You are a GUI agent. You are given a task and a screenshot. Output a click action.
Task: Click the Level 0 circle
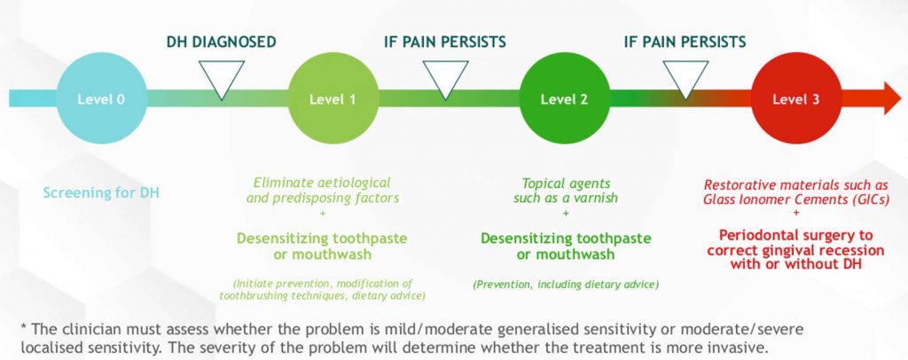click(x=101, y=98)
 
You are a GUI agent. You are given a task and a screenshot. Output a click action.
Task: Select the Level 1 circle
click(x=333, y=98)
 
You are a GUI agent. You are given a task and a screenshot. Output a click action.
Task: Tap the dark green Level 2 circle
click(x=565, y=98)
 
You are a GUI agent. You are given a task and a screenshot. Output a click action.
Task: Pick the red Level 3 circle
click(x=796, y=98)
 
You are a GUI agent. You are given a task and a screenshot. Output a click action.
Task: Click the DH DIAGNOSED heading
click(x=221, y=43)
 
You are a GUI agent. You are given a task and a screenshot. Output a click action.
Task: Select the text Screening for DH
click(x=101, y=192)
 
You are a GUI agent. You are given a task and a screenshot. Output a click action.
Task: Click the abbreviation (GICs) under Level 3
click(x=871, y=200)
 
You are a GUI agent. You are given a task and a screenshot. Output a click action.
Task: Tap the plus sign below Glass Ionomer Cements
click(x=796, y=213)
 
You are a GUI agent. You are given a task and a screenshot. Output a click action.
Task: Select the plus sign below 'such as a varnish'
click(x=566, y=213)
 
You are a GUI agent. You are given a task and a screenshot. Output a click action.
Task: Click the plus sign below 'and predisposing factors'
click(x=323, y=213)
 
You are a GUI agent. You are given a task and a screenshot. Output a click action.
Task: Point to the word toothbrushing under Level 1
click(x=248, y=296)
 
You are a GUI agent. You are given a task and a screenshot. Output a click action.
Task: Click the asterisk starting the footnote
click(x=24, y=327)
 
